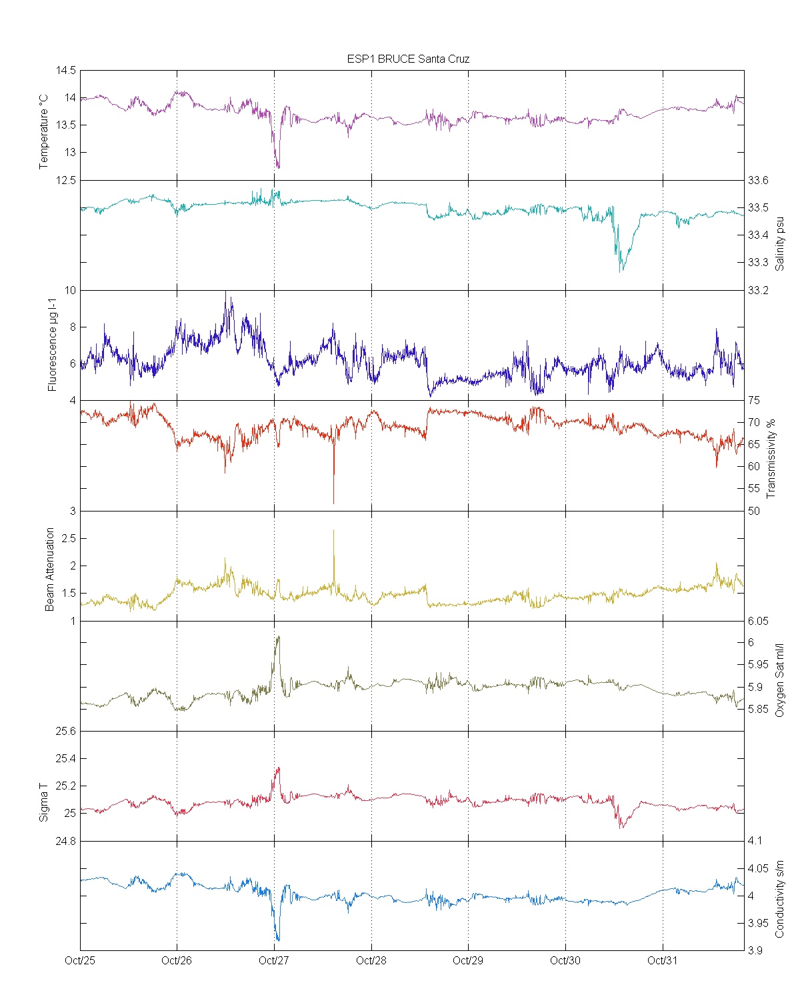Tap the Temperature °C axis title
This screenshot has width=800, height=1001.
44,131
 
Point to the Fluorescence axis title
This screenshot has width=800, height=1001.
52,344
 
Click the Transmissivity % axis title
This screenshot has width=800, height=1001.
771,459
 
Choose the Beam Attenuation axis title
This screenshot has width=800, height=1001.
50,570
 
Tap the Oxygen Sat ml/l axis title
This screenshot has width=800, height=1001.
780,680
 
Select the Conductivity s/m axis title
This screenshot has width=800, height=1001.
780,899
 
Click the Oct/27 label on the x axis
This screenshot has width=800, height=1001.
274,960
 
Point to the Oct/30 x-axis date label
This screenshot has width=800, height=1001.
565,960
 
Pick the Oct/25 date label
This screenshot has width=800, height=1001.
80,960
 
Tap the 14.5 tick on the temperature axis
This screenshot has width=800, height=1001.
66,71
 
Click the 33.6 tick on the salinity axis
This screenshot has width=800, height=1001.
758,181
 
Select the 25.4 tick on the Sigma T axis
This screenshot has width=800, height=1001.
65,758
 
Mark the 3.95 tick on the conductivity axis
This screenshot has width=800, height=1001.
758,924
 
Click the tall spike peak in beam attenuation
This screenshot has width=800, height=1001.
333,530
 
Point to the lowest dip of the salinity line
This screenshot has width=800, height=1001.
621,271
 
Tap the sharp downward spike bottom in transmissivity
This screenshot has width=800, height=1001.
333,503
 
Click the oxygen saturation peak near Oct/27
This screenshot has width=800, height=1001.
278,637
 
